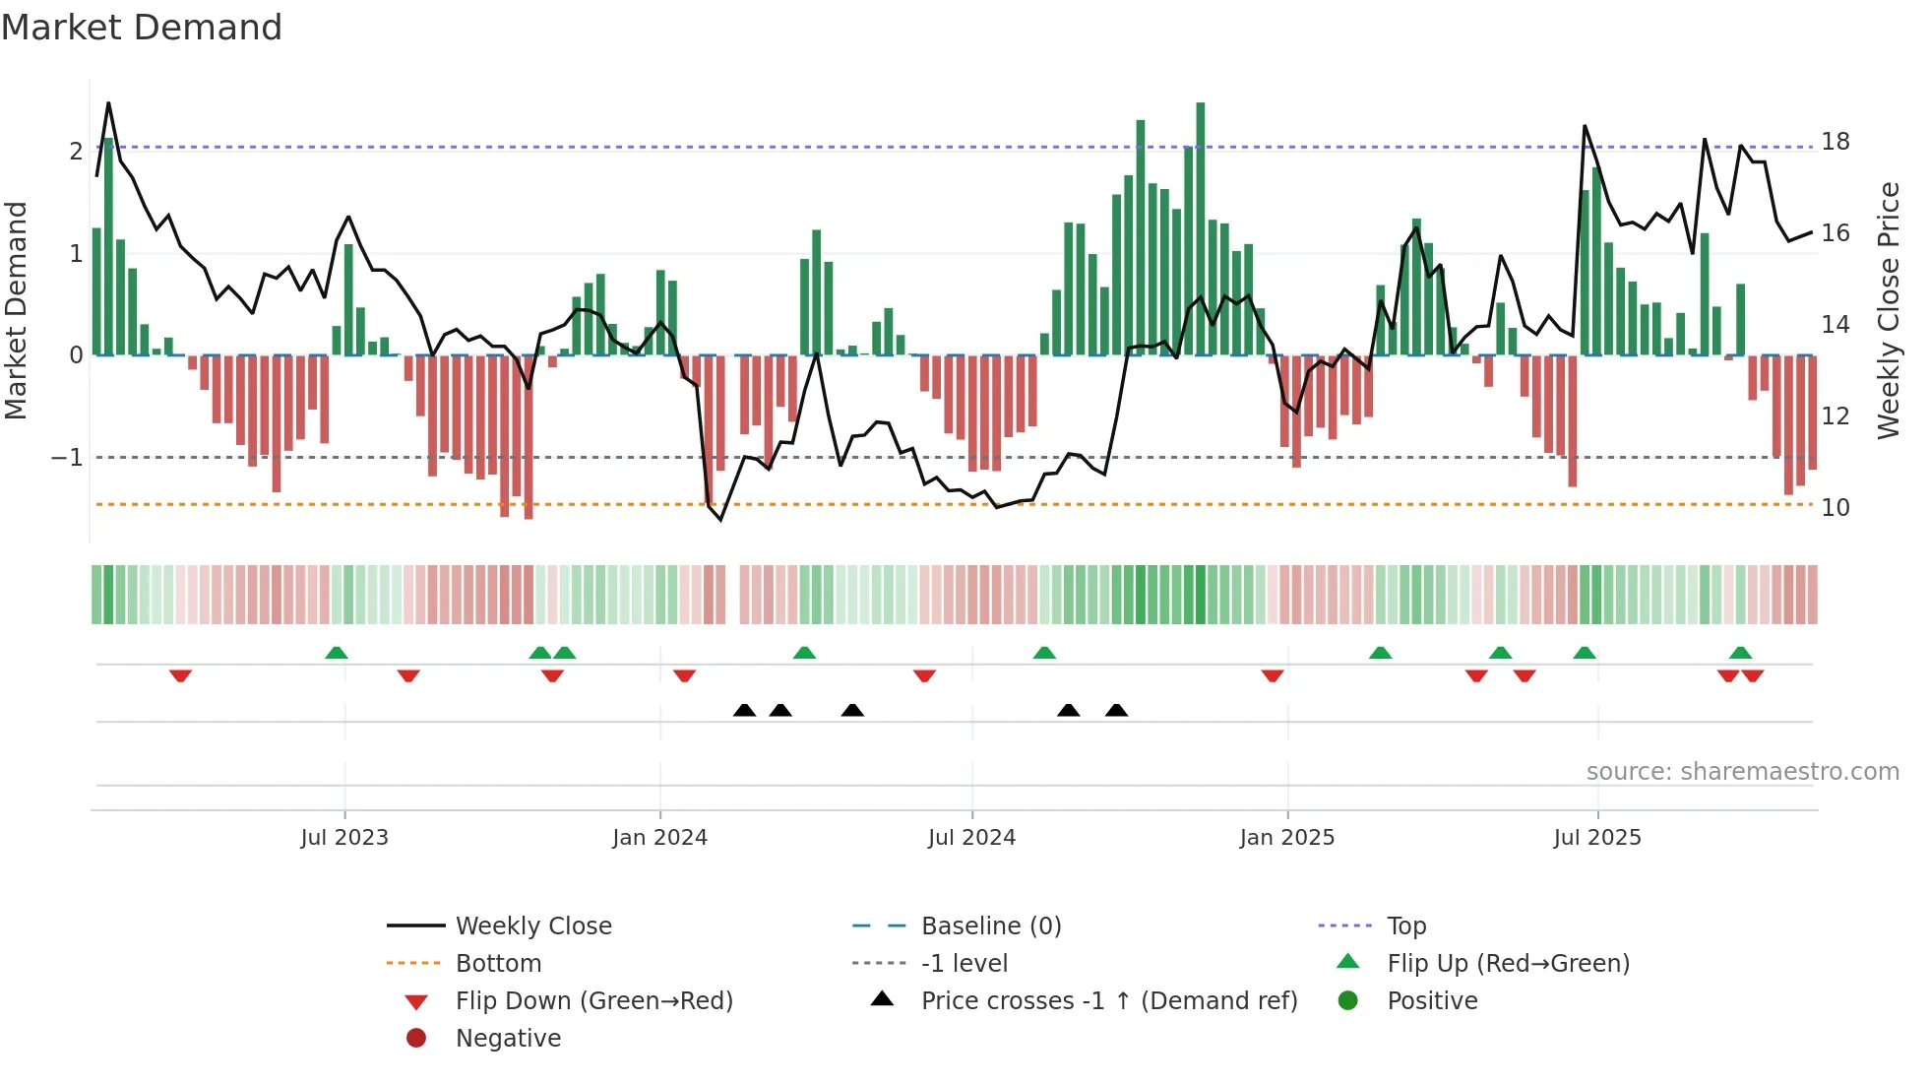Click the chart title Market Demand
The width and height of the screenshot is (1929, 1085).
pos(142,28)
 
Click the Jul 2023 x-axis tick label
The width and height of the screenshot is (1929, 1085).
pos(344,838)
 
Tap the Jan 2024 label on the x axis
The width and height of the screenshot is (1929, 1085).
pos(659,838)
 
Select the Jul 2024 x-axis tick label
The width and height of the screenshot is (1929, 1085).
pos(971,838)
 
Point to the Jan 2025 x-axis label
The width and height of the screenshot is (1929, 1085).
pos(1286,838)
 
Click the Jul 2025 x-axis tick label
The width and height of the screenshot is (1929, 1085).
pos(1597,838)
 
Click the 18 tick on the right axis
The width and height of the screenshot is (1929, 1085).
pos(1835,142)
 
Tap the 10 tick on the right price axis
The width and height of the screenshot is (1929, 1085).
pos(1835,508)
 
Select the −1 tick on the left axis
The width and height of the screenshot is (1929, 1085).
pos(67,458)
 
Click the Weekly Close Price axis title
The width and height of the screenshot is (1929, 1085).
pos(1888,310)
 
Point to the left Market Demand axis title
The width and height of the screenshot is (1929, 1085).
pos(16,310)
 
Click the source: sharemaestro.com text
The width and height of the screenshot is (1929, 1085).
pos(1742,772)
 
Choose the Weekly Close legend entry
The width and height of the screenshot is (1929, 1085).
pos(532,926)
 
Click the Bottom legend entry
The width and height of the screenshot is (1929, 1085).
pos(498,964)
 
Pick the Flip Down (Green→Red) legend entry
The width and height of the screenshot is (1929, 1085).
pos(593,1001)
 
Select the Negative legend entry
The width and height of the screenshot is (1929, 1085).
pos(508,1039)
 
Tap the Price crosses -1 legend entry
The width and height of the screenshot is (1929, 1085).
pos(1108,1001)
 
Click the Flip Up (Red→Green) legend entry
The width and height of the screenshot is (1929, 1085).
pos(1508,964)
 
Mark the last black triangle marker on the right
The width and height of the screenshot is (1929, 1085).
pos(1116,710)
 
